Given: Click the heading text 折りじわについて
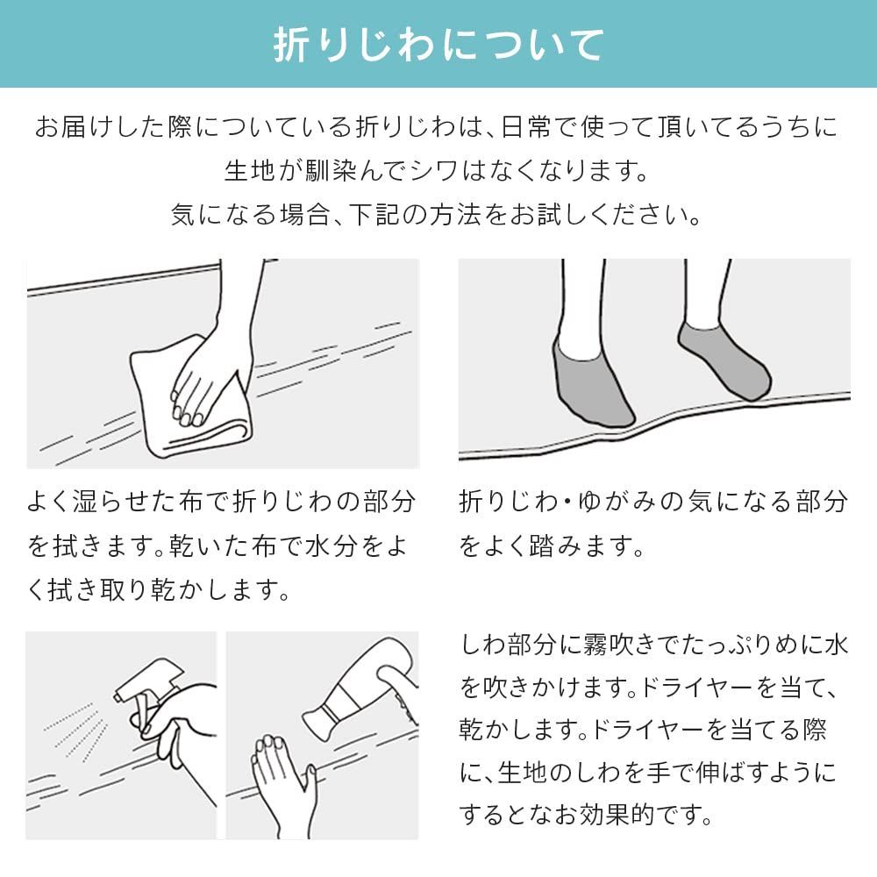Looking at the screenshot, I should pyautogui.click(x=438, y=44).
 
